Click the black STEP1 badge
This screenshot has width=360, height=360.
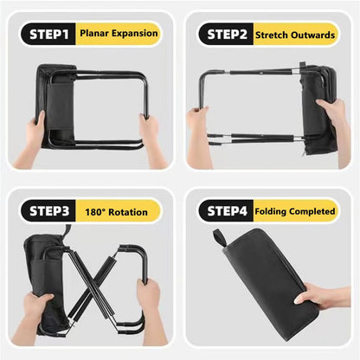pos(49,34)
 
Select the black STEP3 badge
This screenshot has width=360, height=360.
pos(49,210)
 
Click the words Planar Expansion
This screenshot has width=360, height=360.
pos(119,34)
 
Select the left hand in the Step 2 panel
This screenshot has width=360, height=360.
pos(198,130)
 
